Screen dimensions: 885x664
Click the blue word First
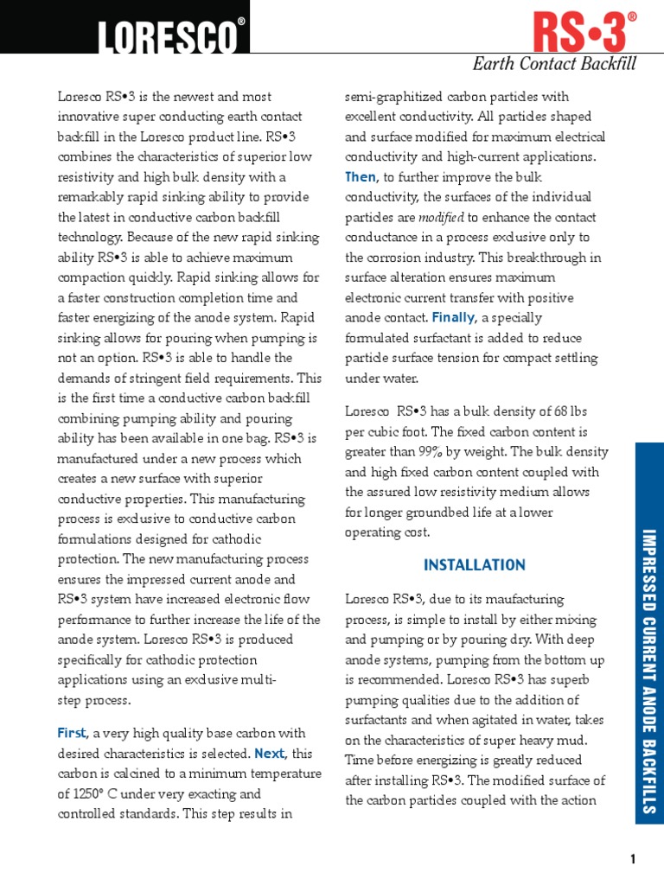(72, 733)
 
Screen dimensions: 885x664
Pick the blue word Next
(270, 753)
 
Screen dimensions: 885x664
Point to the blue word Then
(361, 177)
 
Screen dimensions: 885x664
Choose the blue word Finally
(454, 318)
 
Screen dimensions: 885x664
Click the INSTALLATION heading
(475, 565)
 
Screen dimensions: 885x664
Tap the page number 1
(633, 858)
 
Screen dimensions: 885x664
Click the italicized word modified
(443, 218)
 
